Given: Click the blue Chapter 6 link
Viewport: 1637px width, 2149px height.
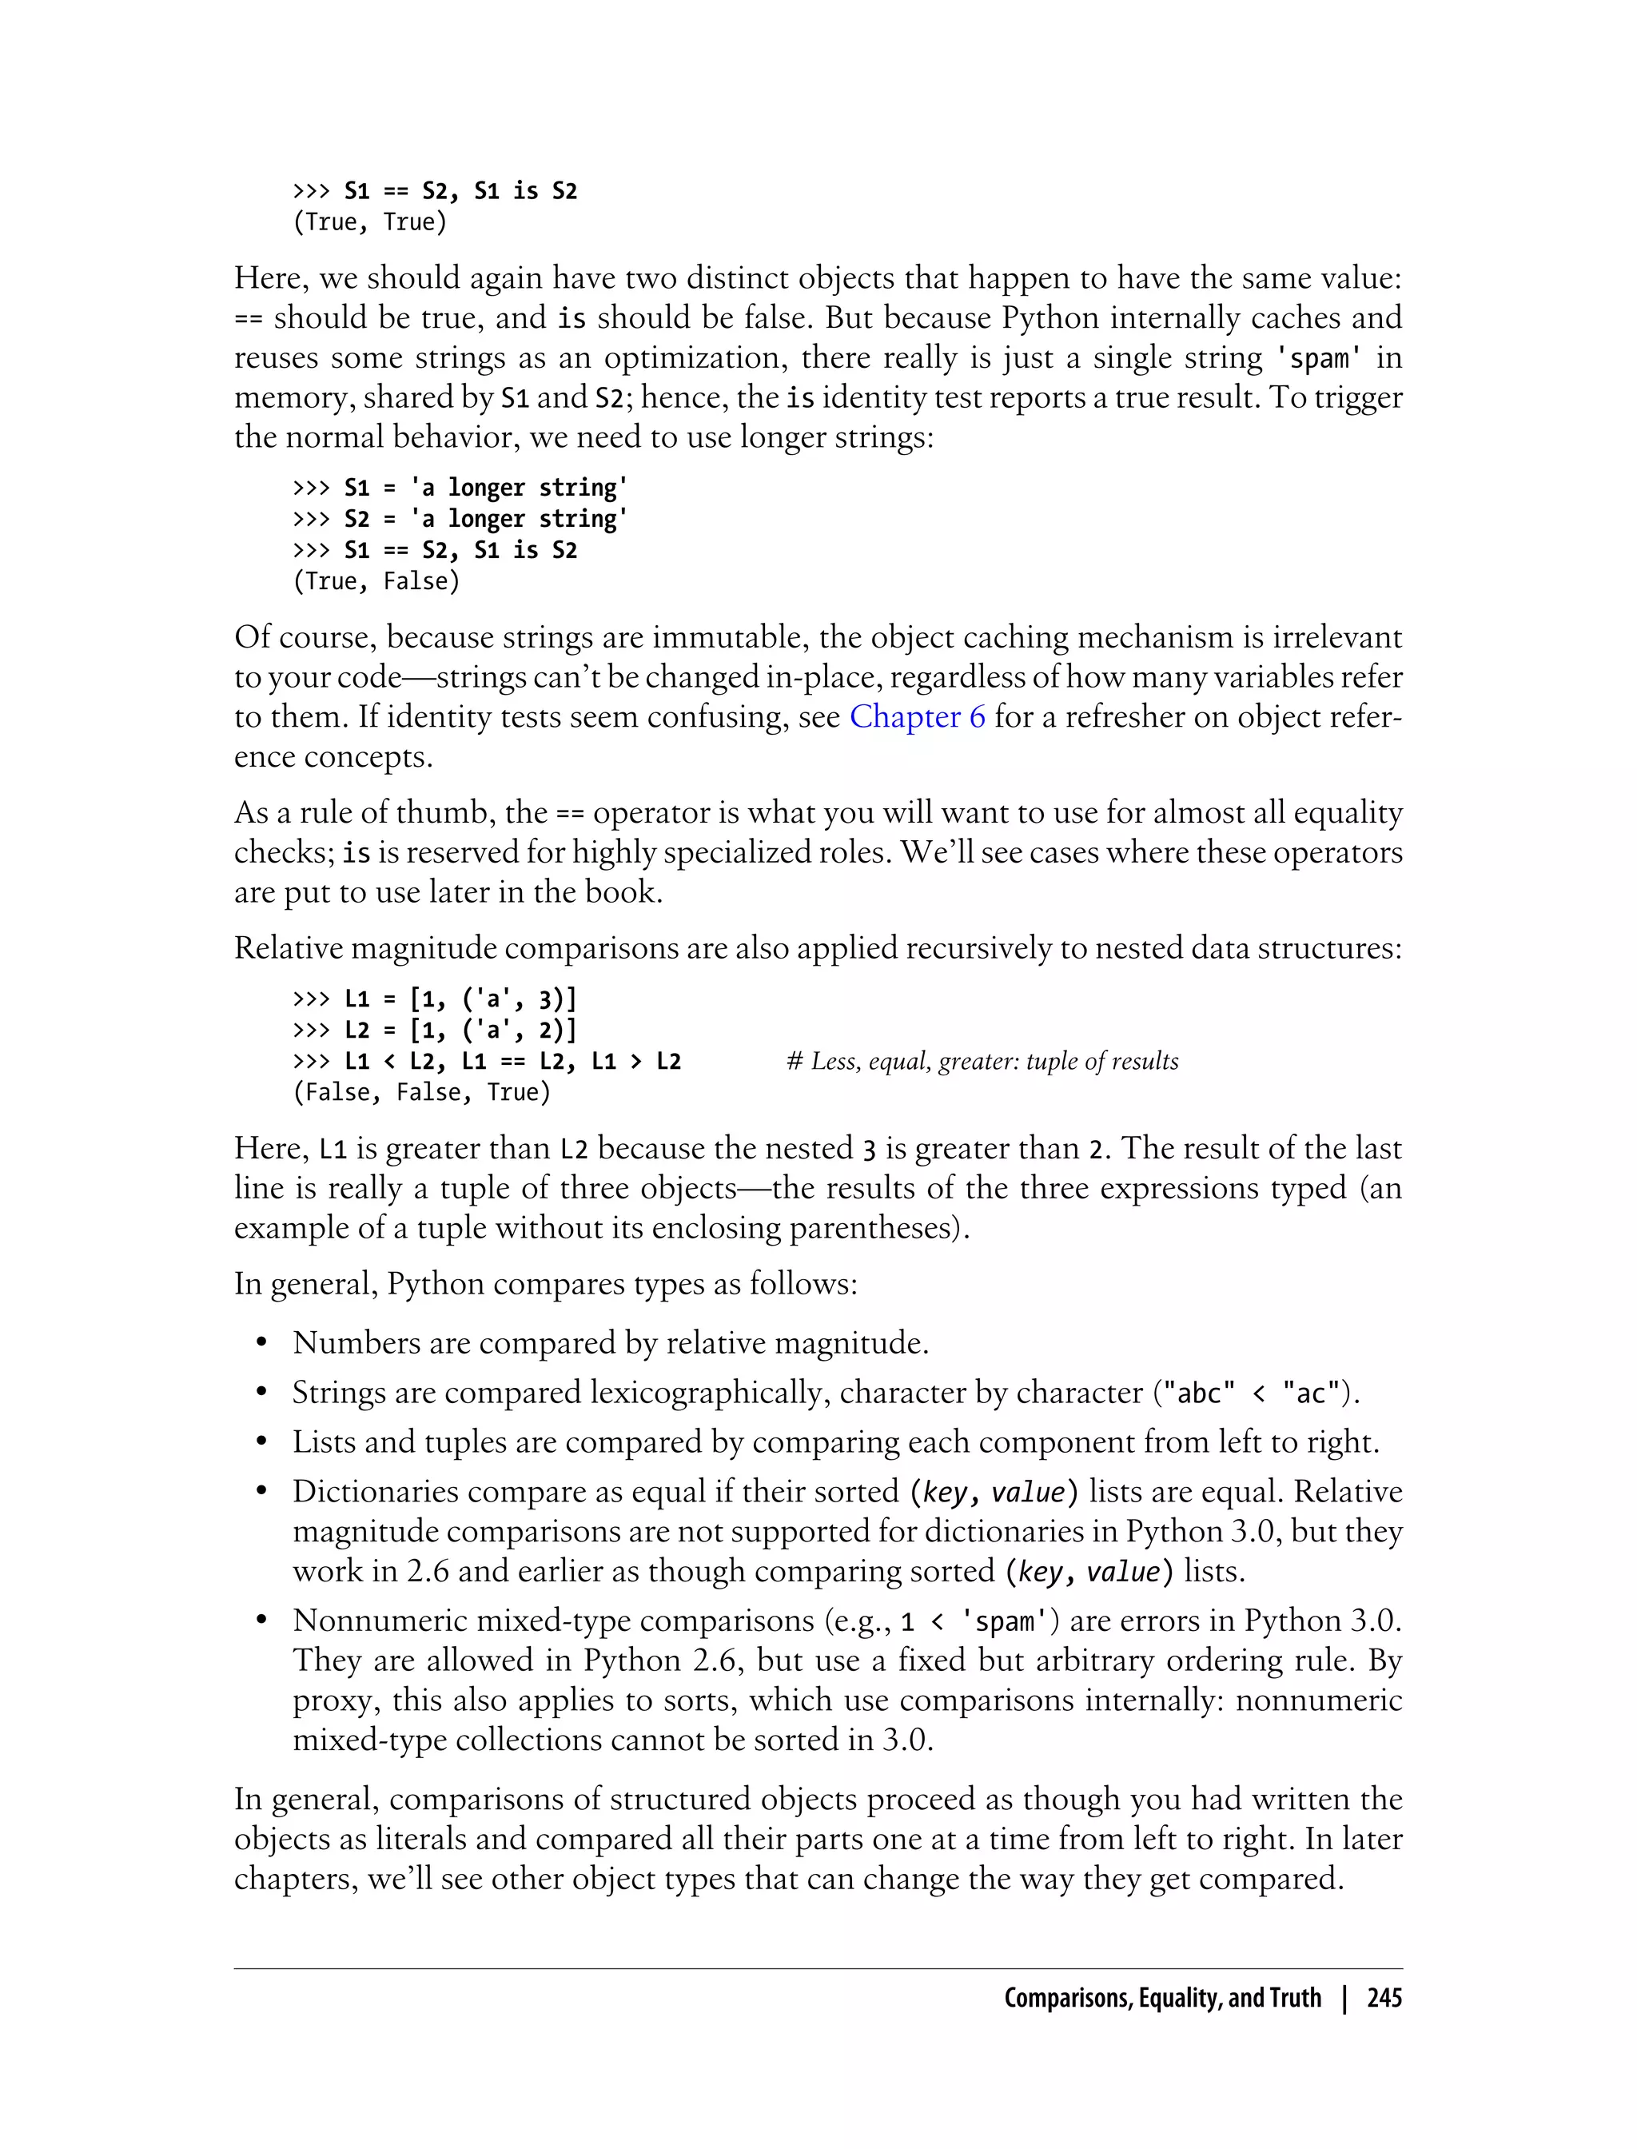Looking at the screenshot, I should pos(917,717).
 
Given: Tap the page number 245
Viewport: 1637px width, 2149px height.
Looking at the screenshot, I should pos(1384,1998).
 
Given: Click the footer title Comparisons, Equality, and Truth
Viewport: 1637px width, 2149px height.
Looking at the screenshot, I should pos(1161,1998).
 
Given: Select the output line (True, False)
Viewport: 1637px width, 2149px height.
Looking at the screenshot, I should pos(376,582).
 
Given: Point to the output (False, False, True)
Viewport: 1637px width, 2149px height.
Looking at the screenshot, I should pos(422,1093).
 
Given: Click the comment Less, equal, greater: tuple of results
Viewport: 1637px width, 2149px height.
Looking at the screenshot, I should pos(982,1062).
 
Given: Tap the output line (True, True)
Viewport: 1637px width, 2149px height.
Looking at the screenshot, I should pos(369,222).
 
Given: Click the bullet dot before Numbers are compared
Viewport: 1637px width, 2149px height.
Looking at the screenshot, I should pos(261,1344).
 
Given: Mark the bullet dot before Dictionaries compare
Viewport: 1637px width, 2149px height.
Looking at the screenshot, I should pos(261,1492).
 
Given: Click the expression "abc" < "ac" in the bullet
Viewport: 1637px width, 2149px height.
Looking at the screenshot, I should pos(1251,1393).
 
